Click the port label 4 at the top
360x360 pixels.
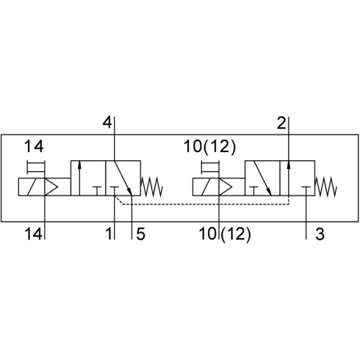(107, 123)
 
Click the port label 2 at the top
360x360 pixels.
(281, 123)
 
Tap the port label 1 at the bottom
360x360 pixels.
(109, 234)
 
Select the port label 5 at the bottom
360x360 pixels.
(140, 234)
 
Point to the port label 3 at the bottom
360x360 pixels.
(320, 234)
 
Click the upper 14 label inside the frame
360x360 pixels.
(34, 146)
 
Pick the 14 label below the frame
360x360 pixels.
(34, 234)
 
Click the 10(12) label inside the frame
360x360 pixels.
(209, 146)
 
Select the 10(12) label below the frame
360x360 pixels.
(225, 234)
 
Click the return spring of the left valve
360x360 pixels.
(152, 187)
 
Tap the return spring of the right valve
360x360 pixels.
(326, 187)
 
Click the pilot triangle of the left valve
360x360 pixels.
(51, 187)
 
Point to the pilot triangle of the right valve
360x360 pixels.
(226, 187)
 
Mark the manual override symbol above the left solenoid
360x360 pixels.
(36, 168)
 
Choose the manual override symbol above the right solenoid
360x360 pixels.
(210, 168)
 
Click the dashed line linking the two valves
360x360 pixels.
(204, 204)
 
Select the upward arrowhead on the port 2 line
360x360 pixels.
(289, 165)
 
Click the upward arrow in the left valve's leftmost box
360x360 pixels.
(79, 178)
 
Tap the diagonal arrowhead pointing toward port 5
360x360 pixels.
(129, 190)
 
